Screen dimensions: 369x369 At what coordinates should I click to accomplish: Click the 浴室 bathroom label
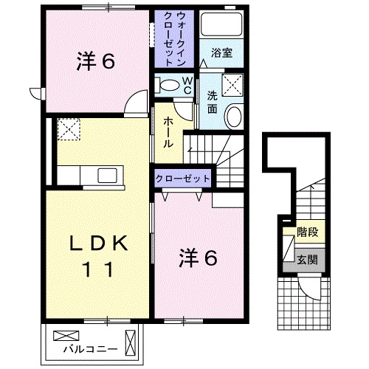(221, 53)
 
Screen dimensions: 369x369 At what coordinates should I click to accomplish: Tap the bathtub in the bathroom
(221, 24)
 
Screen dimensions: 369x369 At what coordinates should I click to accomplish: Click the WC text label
(187, 86)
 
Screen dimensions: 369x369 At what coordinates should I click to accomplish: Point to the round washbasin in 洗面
(234, 117)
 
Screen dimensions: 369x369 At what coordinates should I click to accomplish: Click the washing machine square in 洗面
(232, 84)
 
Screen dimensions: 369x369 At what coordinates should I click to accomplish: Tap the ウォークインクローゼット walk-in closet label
(174, 39)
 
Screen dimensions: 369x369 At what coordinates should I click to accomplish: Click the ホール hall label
(168, 132)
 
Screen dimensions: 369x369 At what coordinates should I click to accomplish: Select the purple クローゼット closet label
(182, 179)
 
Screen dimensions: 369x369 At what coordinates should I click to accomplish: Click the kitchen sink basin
(107, 175)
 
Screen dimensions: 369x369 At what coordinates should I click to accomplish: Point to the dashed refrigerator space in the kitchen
(69, 129)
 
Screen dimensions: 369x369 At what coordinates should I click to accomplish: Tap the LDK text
(99, 244)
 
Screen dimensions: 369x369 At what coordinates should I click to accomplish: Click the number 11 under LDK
(99, 269)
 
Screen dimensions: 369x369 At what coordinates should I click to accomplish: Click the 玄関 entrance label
(307, 260)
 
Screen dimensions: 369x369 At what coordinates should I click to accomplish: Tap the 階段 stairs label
(308, 232)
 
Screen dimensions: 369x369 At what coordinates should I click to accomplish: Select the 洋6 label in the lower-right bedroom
(199, 258)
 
